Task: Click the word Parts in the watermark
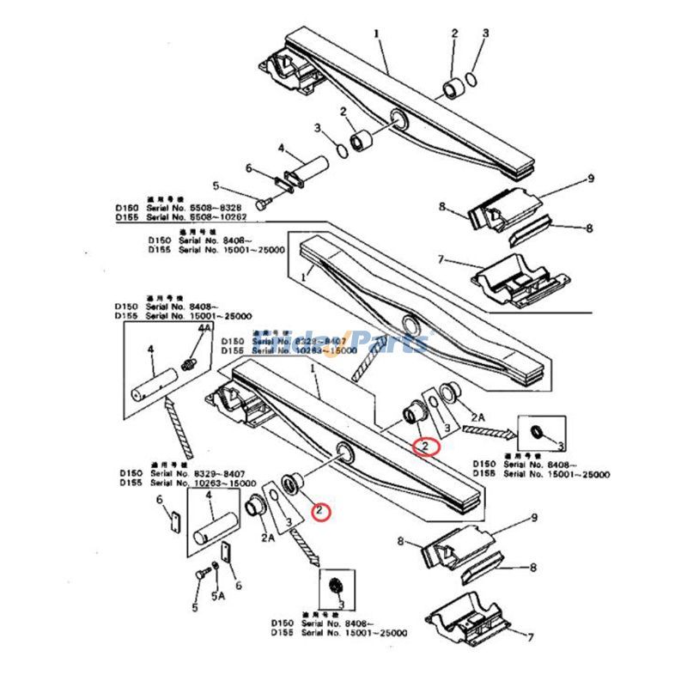(x=386, y=343)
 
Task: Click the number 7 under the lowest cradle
(x=531, y=637)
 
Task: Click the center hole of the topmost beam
(x=398, y=118)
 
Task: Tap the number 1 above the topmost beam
(x=376, y=33)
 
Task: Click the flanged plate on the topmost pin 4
(x=284, y=181)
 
